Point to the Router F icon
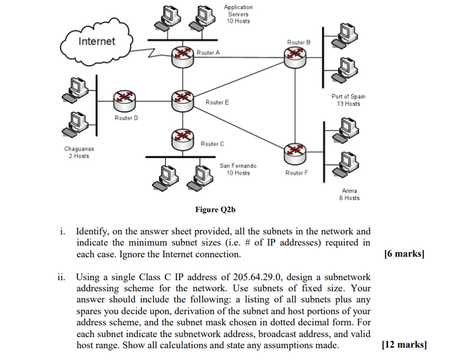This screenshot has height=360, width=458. (295, 152)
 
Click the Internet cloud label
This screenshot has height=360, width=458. (97, 41)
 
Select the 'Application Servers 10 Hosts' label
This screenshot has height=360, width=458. (238, 14)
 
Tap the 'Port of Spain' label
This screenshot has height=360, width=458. (348, 96)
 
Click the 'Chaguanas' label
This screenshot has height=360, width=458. (79, 148)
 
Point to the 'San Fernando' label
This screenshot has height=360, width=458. (238, 166)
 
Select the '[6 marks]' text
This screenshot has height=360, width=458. (405, 254)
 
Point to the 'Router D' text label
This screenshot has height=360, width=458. (127, 117)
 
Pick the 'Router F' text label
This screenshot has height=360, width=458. (296, 173)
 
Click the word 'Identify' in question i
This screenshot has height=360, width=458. (93, 231)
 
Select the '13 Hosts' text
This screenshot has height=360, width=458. (348, 104)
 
